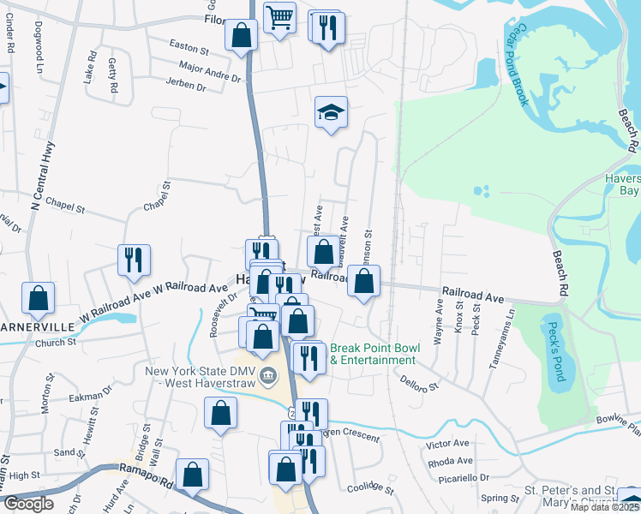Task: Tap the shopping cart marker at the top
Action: tap(279, 16)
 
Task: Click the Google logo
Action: tap(28, 504)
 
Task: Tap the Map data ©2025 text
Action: tap(602, 507)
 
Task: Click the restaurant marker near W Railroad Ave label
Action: tap(133, 258)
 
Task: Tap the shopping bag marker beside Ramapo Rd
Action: tap(193, 472)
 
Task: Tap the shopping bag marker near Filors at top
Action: tap(241, 35)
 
